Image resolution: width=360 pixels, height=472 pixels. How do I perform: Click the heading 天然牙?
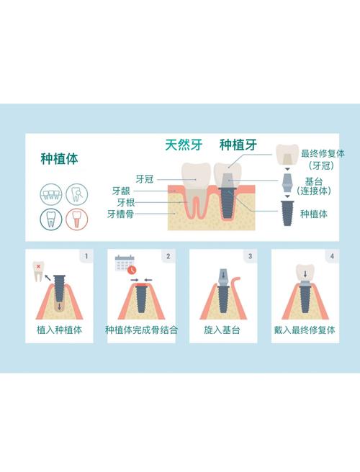point(182,145)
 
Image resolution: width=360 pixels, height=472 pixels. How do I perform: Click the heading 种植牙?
point(238,145)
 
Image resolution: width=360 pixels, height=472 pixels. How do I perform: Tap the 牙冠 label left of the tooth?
point(144,178)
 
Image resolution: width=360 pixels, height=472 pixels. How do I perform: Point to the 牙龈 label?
point(120,191)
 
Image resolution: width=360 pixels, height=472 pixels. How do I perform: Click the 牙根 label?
point(125,202)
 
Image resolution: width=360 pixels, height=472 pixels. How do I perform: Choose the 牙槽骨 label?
point(120,214)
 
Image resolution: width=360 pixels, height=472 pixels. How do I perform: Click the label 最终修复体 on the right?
point(323,153)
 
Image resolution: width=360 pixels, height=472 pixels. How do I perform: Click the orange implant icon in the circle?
point(76,218)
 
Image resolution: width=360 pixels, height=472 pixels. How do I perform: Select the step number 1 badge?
point(86,255)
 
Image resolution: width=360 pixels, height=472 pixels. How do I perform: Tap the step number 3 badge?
point(250,255)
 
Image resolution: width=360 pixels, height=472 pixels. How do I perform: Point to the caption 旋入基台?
point(222,330)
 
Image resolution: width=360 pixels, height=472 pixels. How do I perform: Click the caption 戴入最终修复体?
point(305,330)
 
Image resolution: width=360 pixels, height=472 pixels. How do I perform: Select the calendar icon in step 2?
point(124,264)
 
